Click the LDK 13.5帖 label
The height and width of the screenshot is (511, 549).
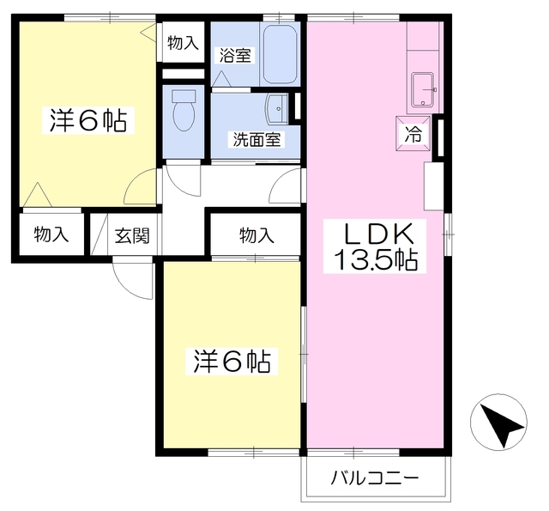coord(370,246)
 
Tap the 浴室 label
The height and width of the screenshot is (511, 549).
coord(234,56)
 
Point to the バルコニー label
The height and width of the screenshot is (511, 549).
coord(375,479)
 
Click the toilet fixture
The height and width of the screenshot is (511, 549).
coord(184,112)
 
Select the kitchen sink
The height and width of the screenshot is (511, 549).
coord(423,89)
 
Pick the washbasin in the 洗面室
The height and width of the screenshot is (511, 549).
coord(277,108)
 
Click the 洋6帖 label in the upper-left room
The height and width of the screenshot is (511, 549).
coord(87,120)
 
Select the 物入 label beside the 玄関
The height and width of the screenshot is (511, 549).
coord(51,235)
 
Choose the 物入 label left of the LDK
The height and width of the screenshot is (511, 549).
coord(256,235)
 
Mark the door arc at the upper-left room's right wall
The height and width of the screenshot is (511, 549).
coord(142,186)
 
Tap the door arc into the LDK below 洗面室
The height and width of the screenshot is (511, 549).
coord(289,186)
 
